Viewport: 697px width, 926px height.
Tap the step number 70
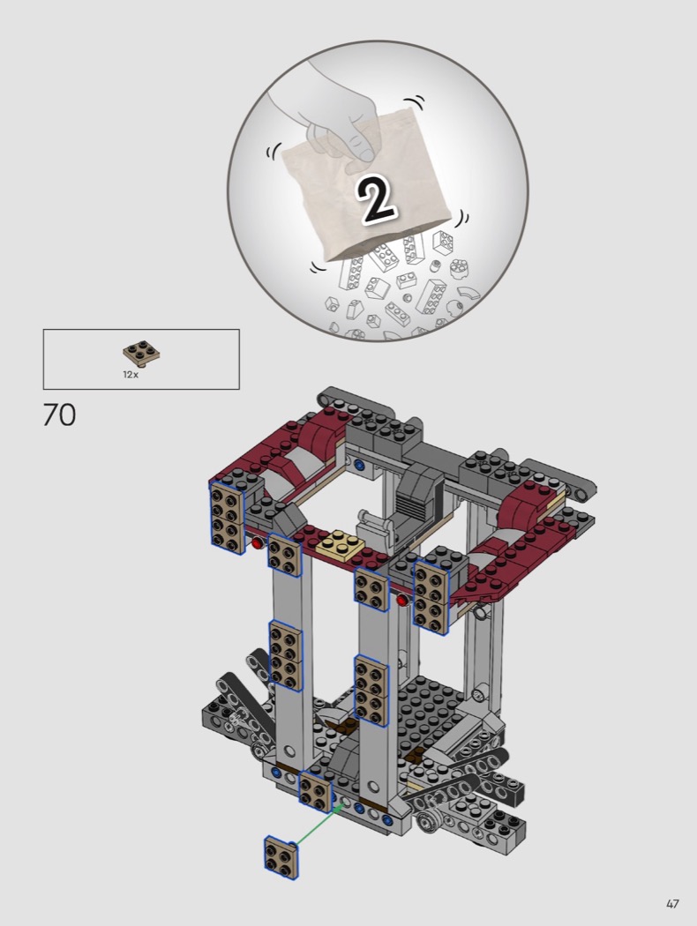[x=59, y=414]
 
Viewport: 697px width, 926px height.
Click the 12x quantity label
[x=131, y=375]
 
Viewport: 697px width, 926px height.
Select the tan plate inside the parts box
[x=141, y=353]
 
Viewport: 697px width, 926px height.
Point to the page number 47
[x=672, y=904]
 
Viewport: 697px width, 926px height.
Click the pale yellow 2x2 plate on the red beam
[x=341, y=544]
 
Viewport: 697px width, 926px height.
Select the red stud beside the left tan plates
[x=257, y=542]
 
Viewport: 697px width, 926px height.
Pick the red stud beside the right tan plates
[x=402, y=601]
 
